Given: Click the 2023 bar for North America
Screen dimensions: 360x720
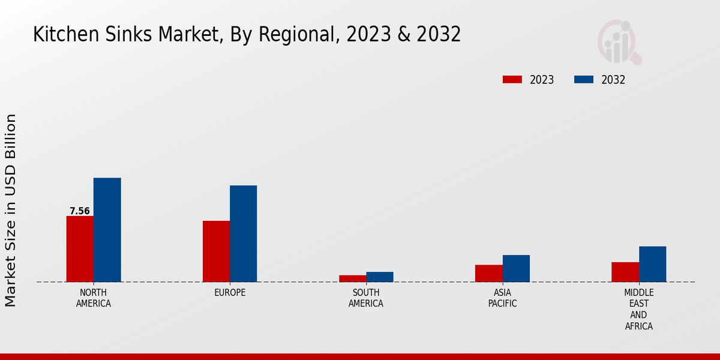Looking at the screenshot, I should [80, 248].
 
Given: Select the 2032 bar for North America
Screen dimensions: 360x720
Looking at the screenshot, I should [107, 230].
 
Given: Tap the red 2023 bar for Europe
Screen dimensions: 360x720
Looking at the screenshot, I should [216, 251].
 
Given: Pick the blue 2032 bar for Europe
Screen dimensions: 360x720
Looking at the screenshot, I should [243, 233].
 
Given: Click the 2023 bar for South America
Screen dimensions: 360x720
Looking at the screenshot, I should [352, 278].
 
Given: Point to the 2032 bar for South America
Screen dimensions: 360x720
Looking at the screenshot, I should [380, 277].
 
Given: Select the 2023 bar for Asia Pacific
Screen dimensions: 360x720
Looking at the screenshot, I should [488, 273].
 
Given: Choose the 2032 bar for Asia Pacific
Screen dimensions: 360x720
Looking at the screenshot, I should [516, 268].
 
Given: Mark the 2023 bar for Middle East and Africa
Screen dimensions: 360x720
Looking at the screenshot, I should [625, 272].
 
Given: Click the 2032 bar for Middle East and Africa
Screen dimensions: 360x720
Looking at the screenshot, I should [652, 264].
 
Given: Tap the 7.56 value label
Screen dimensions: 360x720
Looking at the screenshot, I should [80, 211].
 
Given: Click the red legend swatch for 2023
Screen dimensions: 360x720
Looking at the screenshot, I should [512, 80].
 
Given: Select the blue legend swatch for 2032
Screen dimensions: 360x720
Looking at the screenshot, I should [584, 80].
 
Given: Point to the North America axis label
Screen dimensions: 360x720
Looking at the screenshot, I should [94, 298].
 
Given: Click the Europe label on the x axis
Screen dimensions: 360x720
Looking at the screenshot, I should [230, 293].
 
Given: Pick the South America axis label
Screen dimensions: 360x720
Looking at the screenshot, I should [366, 298].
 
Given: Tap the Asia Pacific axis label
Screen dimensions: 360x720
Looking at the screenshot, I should [503, 298].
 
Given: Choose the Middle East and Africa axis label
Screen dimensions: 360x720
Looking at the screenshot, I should [639, 310].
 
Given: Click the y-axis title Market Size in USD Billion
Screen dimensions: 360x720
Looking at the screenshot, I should [11, 210].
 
